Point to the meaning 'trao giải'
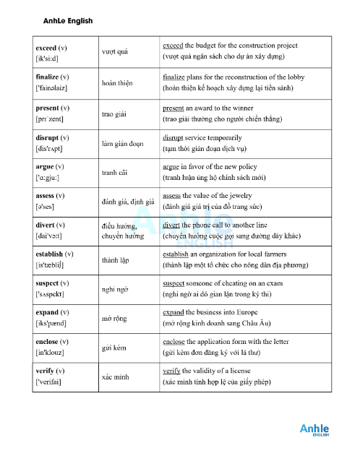tap(116, 114)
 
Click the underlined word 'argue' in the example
tap(172, 166)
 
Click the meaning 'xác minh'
tap(116, 377)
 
